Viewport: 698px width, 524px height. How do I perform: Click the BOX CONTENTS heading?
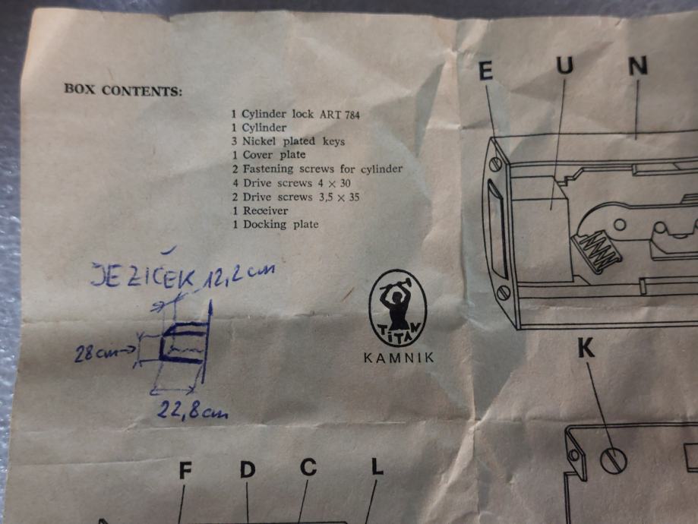(123, 90)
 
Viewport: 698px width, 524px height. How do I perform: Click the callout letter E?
(486, 71)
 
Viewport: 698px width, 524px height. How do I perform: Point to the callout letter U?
(565, 65)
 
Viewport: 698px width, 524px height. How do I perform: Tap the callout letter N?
(638, 66)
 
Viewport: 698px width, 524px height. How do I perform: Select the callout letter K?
(586, 348)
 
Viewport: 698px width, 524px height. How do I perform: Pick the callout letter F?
(185, 471)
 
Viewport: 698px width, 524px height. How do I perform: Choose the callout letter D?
(248, 469)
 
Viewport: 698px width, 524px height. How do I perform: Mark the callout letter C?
(308, 467)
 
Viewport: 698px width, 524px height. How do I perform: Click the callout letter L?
(377, 466)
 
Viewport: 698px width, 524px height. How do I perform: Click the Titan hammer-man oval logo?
(398, 308)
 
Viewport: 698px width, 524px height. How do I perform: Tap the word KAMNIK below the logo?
(399, 358)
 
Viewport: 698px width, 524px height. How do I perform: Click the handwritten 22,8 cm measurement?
(192, 411)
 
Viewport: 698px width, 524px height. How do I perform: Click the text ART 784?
(340, 115)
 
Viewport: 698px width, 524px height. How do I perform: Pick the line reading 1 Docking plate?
(276, 224)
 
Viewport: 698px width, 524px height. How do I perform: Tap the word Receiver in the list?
(265, 210)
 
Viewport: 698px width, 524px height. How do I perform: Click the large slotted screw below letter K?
(613, 460)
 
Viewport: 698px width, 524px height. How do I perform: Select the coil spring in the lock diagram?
(598, 252)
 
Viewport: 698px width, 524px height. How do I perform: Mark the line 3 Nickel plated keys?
(288, 141)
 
